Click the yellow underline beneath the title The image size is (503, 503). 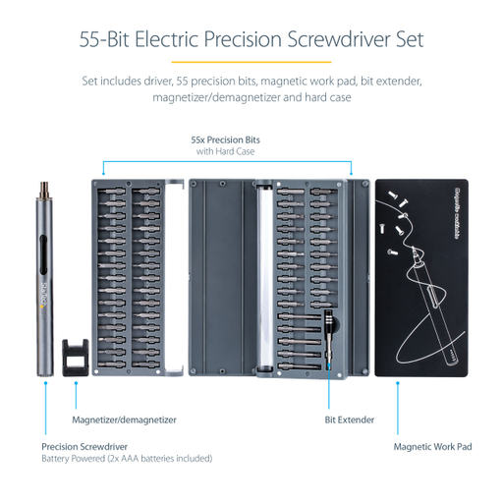[251, 62]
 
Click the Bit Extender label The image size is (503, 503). [350, 419]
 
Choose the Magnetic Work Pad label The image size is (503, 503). [432, 446]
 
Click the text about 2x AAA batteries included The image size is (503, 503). [126, 458]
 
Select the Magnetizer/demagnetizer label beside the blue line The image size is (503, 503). [124, 419]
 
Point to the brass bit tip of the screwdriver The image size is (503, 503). [43, 185]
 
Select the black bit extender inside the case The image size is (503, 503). [329, 339]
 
